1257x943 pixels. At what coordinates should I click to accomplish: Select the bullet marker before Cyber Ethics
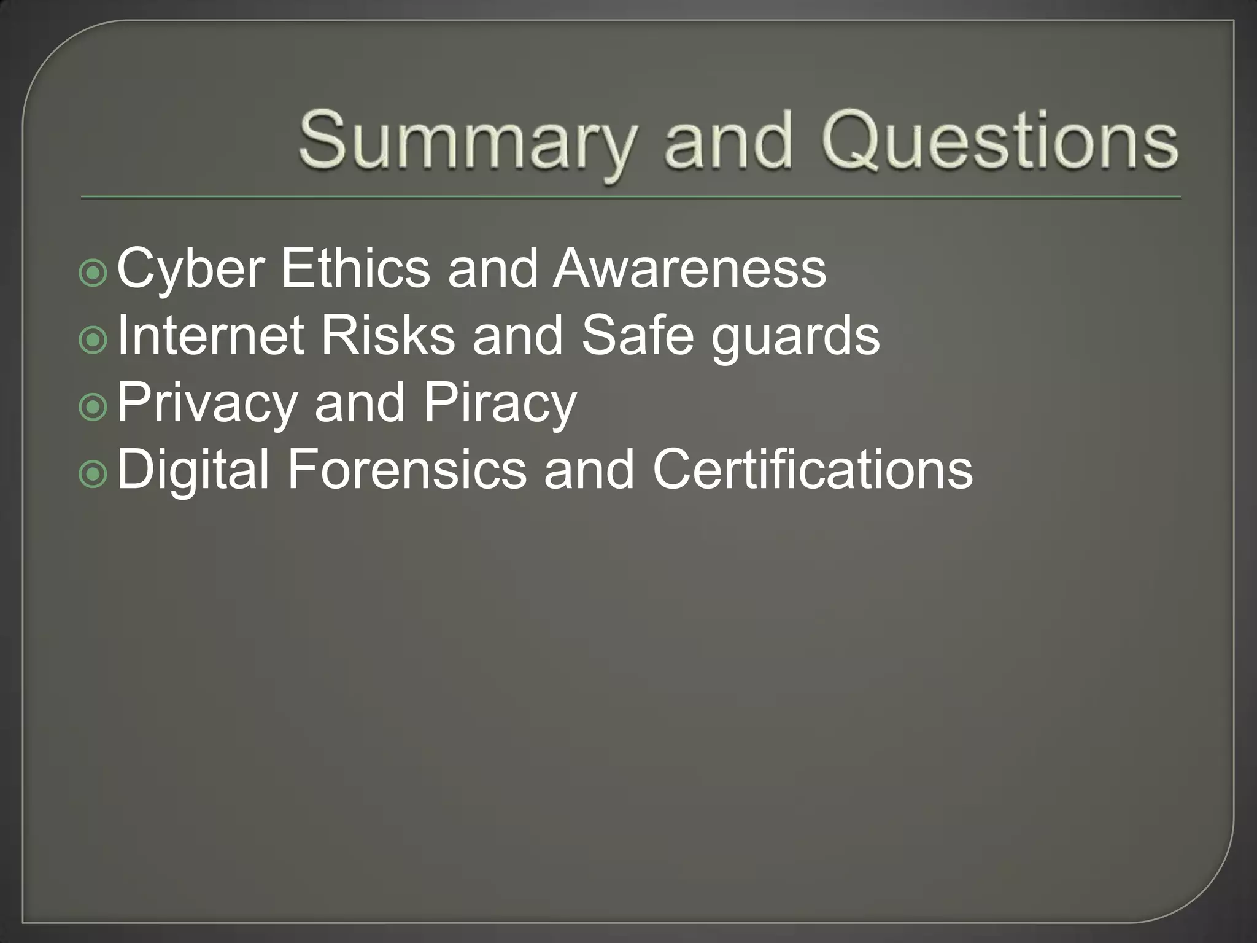tap(93, 274)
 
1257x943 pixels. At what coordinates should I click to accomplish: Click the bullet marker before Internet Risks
tap(93, 341)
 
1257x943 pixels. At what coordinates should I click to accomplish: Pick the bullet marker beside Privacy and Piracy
tap(93, 408)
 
